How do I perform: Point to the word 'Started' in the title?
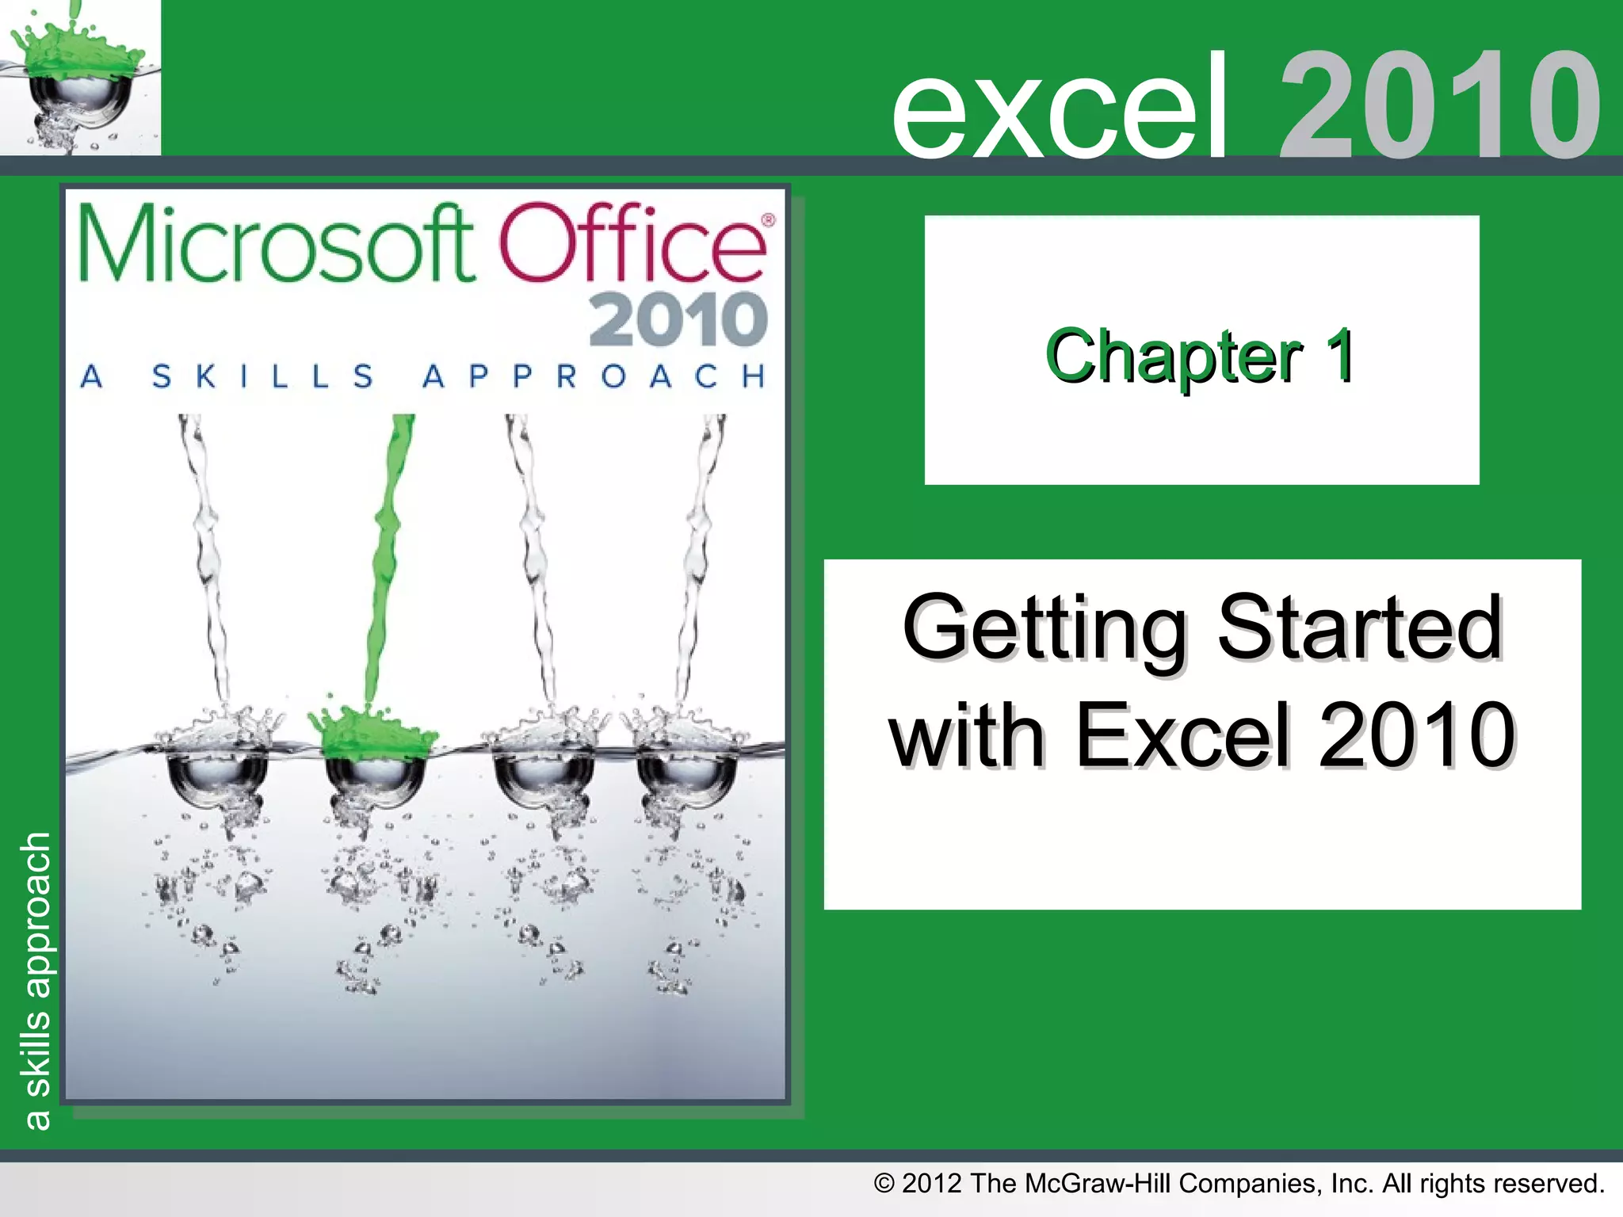click(1359, 628)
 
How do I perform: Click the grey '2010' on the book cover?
click(678, 319)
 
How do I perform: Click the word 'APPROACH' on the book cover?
click(594, 376)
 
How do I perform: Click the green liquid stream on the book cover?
click(388, 555)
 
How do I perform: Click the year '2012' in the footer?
click(932, 1184)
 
